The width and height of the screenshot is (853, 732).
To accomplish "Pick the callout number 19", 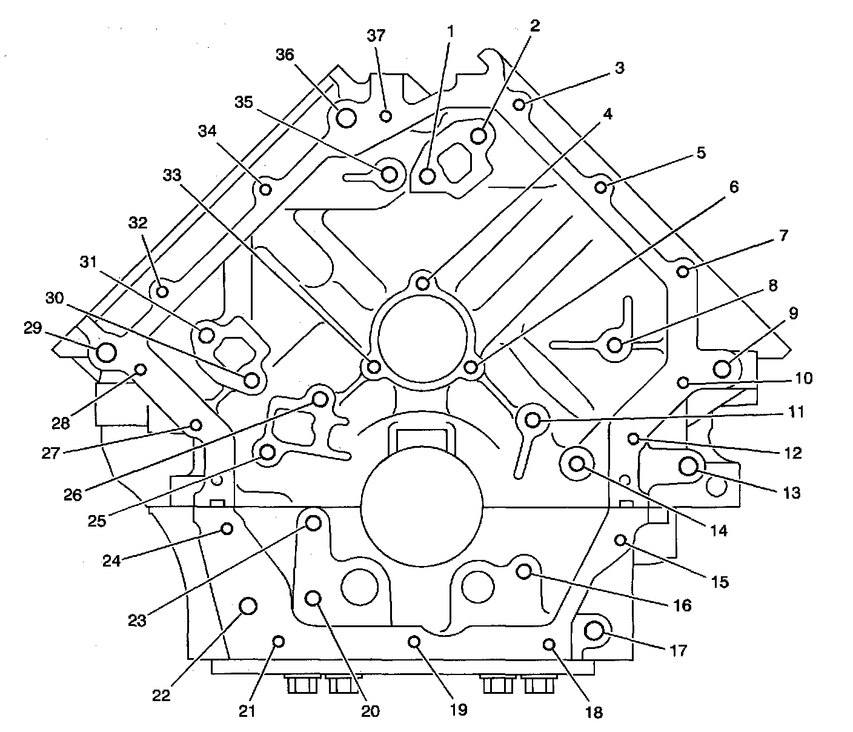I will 459,709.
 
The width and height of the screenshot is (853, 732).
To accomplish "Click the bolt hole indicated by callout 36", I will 346,117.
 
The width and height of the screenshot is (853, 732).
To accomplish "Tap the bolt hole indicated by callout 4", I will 423,283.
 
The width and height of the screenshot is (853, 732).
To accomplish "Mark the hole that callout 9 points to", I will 722,368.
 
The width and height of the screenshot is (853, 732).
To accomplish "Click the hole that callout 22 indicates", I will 248,605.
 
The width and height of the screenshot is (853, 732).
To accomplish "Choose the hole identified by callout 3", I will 519,105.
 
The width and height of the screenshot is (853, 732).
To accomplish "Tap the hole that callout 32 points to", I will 162,291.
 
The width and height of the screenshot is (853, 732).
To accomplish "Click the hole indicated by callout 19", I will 414,641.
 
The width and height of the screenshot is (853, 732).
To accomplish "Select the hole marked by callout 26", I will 320,399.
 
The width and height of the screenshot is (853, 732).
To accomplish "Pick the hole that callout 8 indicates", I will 615,345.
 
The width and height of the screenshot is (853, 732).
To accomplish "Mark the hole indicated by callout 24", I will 227,528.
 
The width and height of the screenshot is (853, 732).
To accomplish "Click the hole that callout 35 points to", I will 390,175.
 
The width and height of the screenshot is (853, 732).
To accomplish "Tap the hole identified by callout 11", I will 533,419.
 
